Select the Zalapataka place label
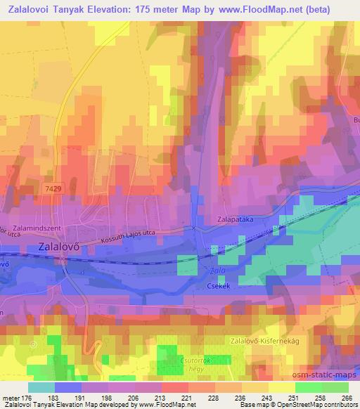click(x=235, y=219)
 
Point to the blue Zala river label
click(x=218, y=270)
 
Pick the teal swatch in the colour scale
click(x=41, y=387)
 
